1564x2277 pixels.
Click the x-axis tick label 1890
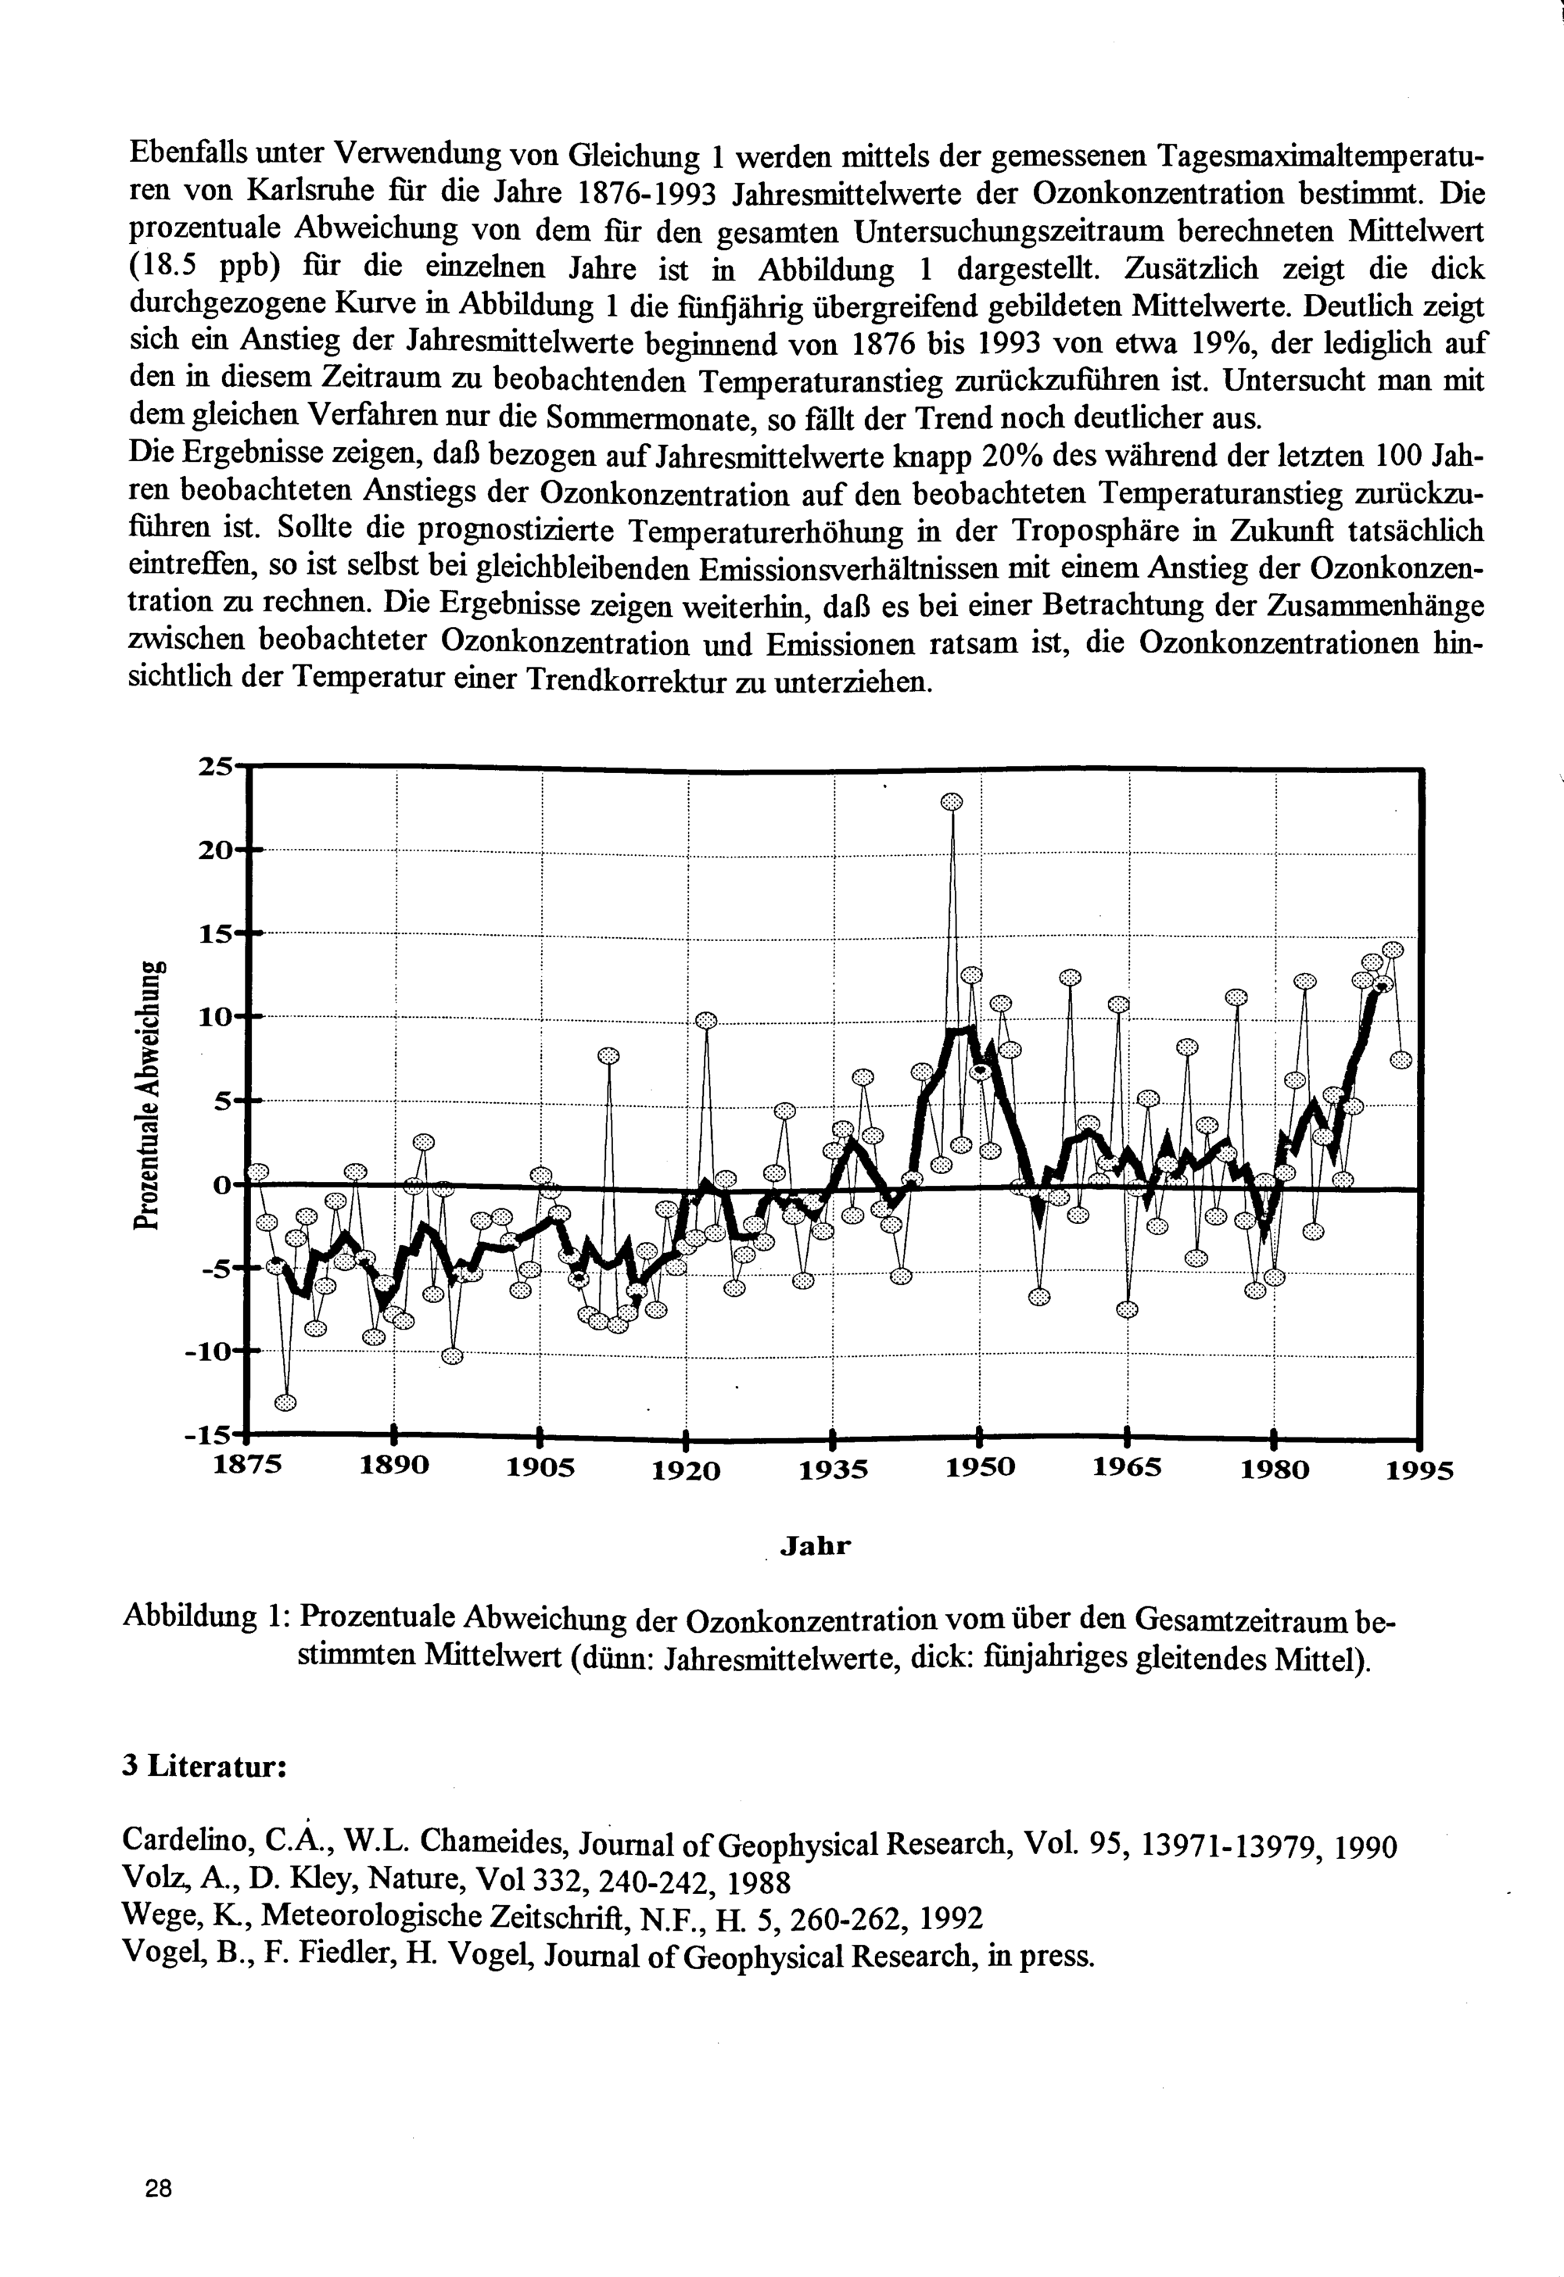click(395, 1466)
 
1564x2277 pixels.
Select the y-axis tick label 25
click(217, 766)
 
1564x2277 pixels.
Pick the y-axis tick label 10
click(217, 1016)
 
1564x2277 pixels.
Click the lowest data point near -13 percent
click(284, 1402)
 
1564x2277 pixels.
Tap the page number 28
click(158, 2188)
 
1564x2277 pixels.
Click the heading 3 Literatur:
click(204, 1767)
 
